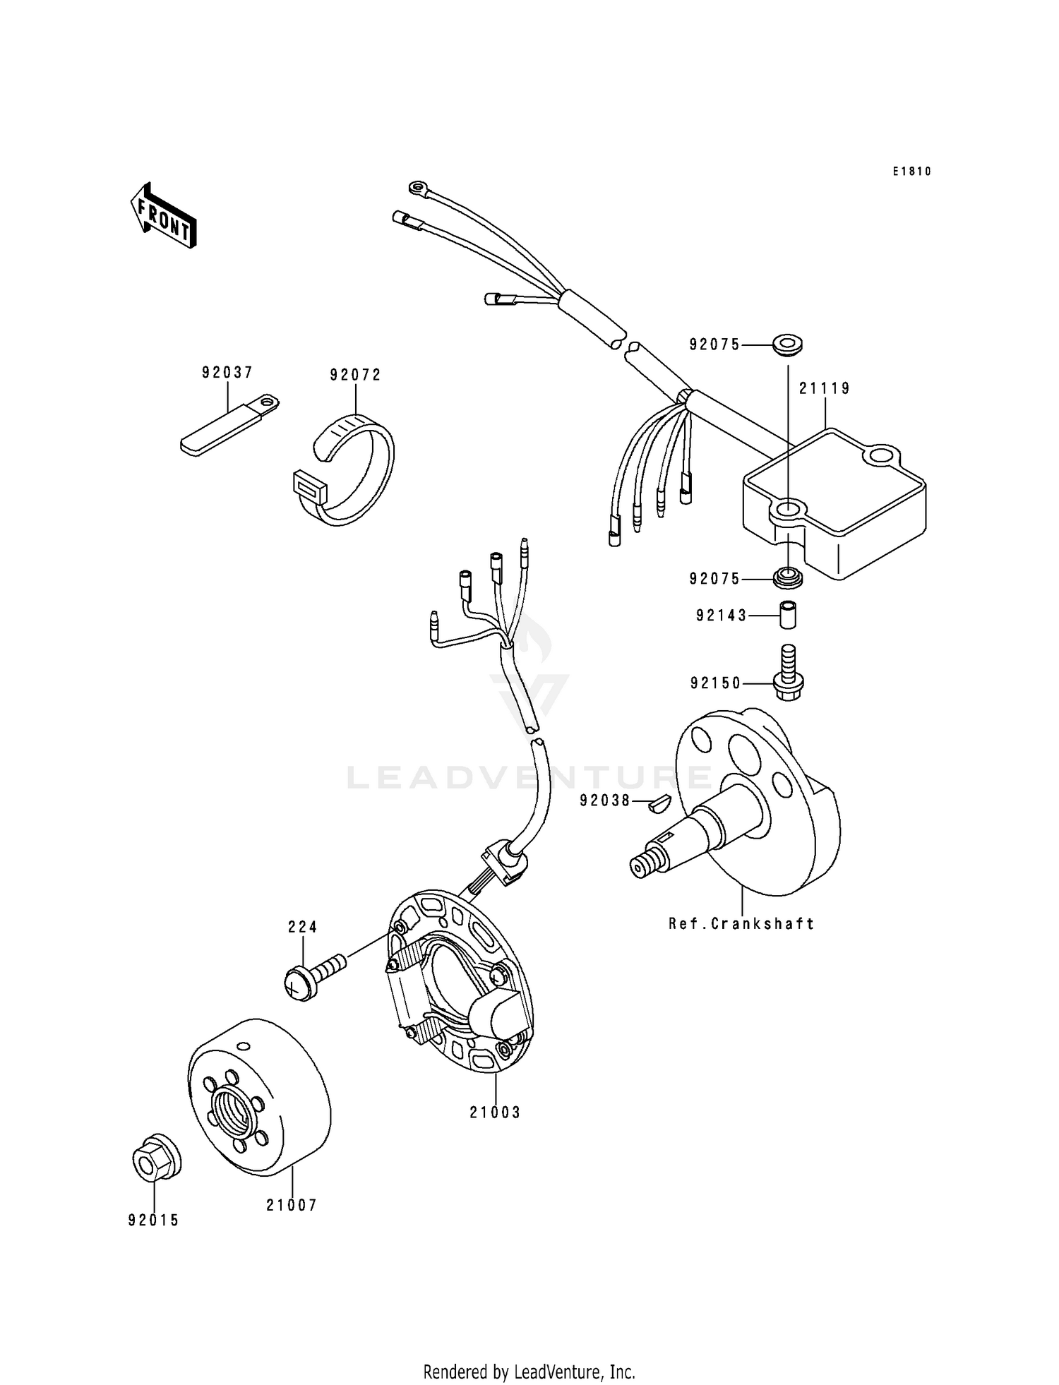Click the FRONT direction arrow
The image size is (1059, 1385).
tap(162, 215)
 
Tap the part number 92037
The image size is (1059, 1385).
tap(227, 372)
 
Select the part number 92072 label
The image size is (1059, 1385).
tap(355, 375)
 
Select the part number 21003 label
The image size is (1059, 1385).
tap(495, 1113)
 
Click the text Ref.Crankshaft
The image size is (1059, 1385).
tap(741, 923)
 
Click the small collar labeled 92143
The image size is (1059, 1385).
tap(788, 614)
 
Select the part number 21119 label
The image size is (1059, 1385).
tap(825, 388)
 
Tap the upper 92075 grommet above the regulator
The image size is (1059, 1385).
tap(788, 347)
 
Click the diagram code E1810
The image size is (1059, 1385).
tap(911, 172)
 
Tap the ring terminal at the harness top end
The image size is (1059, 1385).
tap(418, 188)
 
